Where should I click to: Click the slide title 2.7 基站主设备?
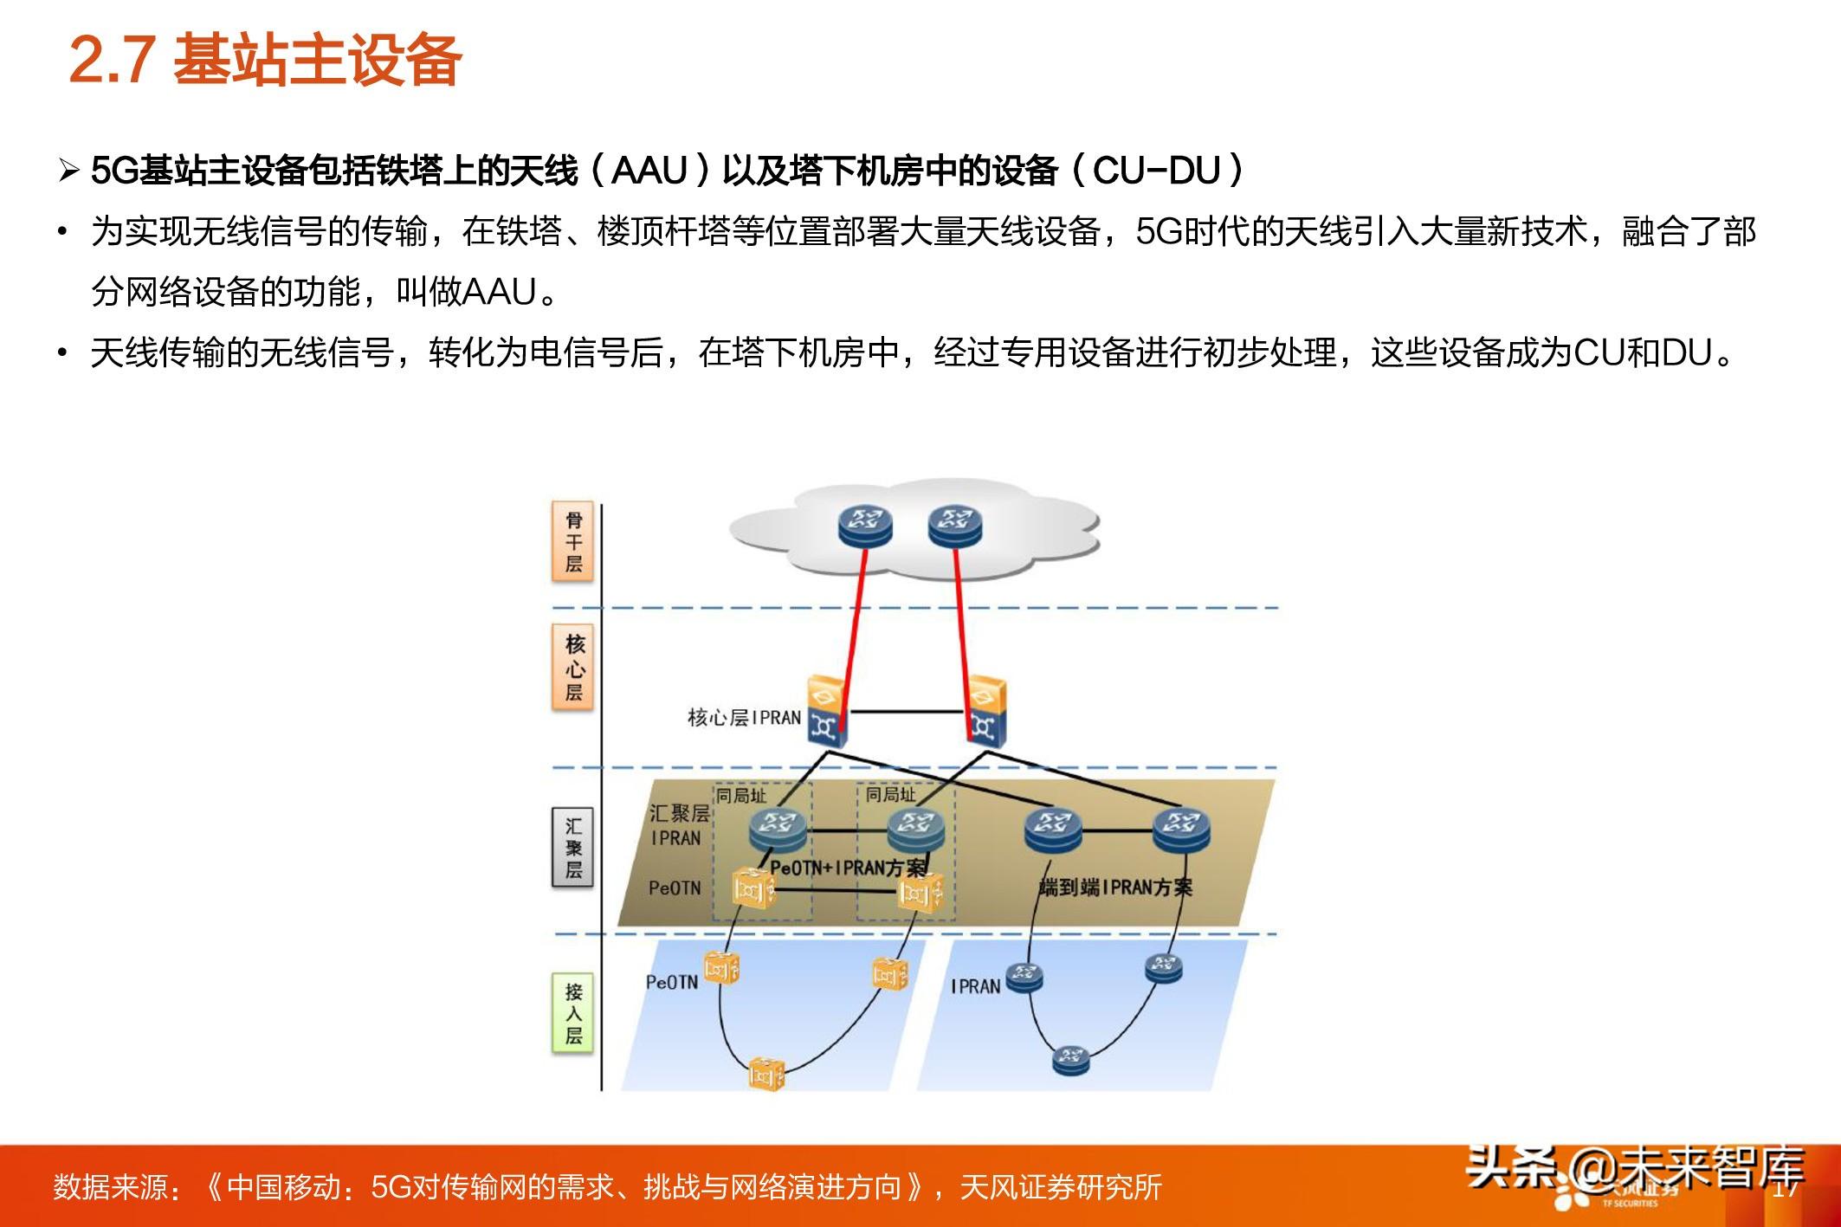tap(265, 61)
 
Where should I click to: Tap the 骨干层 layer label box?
tap(573, 542)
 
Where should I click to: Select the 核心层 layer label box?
tap(574, 668)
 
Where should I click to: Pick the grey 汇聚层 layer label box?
tap(573, 849)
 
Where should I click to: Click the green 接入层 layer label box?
tap(573, 1013)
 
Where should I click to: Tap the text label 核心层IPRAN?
tap(744, 718)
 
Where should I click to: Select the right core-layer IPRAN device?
tap(985, 712)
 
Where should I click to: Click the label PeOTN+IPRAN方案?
tap(848, 868)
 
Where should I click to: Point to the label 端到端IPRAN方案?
tap(1115, 888)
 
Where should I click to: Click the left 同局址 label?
tap(741, 795)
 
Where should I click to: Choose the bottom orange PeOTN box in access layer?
tap(766, 1074)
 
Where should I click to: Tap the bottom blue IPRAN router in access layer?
tap(1070, 1058)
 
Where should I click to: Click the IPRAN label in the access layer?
tap(975, 986)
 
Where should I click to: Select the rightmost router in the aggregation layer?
tap(1181, 829)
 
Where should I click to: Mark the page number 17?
tap(1786, 1189)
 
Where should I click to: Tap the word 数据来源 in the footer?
tap(110, 1187)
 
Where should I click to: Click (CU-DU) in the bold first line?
tap(1159, 171)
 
